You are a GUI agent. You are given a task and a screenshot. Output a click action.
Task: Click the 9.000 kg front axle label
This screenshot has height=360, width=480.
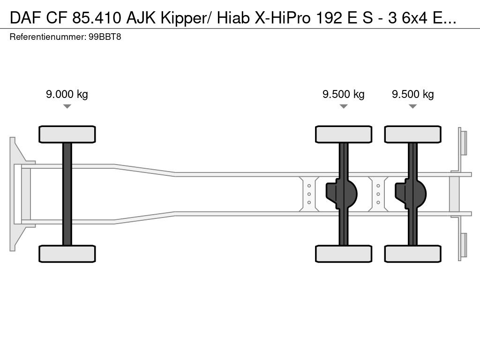pos(67,94)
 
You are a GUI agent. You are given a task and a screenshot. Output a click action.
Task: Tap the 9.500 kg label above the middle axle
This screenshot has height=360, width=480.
pos(344,94)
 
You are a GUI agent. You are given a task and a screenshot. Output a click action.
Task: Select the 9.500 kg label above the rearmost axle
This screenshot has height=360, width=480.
pos(412,94)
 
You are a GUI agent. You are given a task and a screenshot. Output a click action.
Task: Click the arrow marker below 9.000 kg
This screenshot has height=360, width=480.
pos(67,106)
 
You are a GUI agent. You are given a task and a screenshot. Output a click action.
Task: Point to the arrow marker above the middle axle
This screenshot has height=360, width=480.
pos(344,106)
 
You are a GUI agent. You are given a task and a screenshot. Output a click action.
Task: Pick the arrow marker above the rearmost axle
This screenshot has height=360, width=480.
pos(412,106)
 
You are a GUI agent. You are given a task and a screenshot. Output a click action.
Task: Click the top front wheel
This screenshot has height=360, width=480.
pos(67,134)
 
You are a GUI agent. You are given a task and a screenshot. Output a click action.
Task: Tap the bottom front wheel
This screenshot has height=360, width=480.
pos(67,254)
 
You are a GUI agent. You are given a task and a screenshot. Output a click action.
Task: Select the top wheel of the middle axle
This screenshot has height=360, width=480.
pos(344,134)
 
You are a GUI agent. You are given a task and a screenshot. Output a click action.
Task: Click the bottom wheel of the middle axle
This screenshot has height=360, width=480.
pos(344,254)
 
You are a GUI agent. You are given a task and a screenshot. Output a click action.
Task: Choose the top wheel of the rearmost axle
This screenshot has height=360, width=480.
pos(412,134)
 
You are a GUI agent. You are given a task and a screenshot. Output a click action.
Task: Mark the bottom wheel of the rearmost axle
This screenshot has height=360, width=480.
pos(412,254)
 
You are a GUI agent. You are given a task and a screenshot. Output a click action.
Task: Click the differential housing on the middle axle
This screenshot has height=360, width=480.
pos(342,194)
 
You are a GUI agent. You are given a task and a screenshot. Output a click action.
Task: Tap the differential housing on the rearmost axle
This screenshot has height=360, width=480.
pos(411,194)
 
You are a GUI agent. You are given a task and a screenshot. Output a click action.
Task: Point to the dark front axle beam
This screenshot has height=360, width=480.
pos(67,194)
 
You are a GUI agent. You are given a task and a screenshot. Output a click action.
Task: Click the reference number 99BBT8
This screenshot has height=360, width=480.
pos(105,37)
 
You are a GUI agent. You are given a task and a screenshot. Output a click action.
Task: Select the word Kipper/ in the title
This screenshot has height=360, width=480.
pos(187,18)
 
